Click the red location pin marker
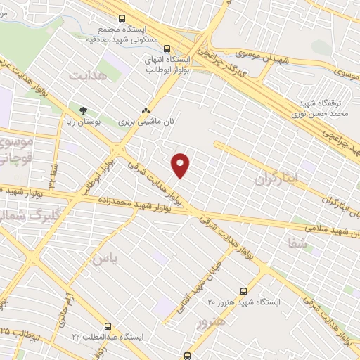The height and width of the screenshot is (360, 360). coord(181,165)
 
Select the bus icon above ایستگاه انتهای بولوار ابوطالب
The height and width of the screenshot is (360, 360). coord(167,49)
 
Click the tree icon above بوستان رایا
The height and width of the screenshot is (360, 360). coord(84,110)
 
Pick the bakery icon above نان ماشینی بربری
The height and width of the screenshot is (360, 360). coord(146,110)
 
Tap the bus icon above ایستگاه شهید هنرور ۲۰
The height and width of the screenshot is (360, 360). coord(244,290)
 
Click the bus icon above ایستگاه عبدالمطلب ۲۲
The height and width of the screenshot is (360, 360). coord(108,326)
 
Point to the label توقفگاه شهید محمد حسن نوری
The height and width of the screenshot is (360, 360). coord(321,106)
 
